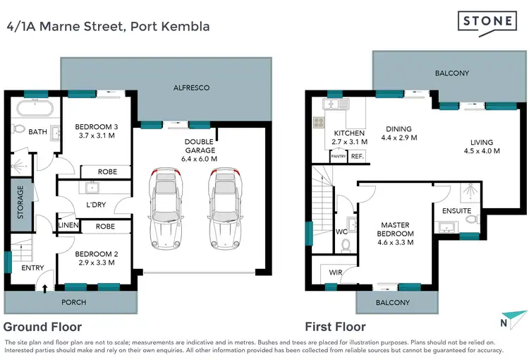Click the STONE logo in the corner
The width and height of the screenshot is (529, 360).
(x=486, y=22)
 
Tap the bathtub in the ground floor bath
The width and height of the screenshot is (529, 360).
(x=33, y=109)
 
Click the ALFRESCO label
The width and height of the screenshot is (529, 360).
(x=192, y=88)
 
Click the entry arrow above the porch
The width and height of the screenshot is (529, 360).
(x=46, y=287)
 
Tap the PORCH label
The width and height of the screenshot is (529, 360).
(x=74, y=302)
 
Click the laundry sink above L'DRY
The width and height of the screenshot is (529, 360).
(x=91, y=188)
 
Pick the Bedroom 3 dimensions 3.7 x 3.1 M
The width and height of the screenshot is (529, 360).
(x=95, y=136)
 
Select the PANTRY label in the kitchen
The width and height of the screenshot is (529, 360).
(x=339, y=157)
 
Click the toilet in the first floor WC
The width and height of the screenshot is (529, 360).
(x=346, y=244)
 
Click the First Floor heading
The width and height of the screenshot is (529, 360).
(x=334, y=327)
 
